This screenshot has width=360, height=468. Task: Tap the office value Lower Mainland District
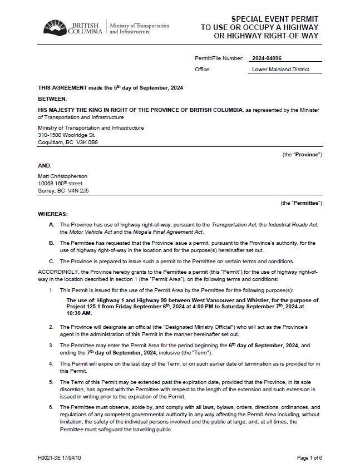pos(280,70)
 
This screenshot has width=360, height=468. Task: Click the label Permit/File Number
pos(219,58)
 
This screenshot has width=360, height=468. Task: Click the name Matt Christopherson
pos(62,176)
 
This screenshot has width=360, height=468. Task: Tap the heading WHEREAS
pos(52,214)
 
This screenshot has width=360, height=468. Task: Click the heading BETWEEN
pos(52,98)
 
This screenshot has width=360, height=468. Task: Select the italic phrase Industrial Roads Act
pos(292,224)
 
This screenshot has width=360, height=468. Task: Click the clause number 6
pos(51,407)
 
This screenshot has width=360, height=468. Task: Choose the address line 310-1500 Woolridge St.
pos(67,135)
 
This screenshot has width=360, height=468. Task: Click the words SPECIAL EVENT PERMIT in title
pos(274,19)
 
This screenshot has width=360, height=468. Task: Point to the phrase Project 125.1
pos(84,307)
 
